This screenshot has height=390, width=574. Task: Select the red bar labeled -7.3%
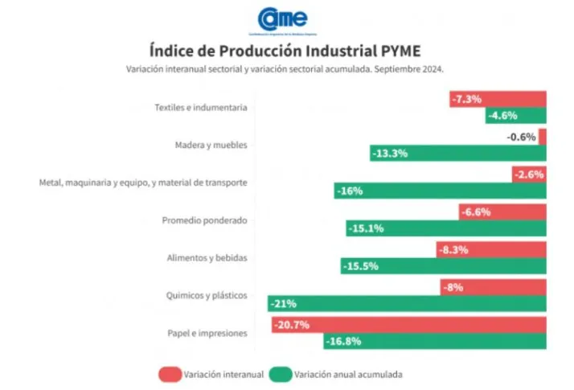[498, 99]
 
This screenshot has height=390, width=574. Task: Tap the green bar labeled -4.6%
[515, 116]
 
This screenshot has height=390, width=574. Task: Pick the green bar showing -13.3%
[457, 153]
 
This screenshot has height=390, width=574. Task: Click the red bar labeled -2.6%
[529, 174]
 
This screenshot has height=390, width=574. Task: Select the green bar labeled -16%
[440, 191]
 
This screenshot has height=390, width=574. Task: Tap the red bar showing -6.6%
[502, 212]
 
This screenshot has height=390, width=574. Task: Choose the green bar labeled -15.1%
[446, 228]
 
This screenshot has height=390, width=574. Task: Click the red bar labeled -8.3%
[490, 249]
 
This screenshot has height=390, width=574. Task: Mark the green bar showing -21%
[407, 303]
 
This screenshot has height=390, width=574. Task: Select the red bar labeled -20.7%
[408, 325]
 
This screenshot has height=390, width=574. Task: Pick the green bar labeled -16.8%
[435, 341]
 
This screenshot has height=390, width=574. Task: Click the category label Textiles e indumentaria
[200, 107]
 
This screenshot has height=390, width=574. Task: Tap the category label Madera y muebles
[211, 145]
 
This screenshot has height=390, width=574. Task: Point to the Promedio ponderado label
[204, 220]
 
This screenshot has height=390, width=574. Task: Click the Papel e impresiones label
[207, 333]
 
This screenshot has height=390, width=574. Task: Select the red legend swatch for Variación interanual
[170, 374]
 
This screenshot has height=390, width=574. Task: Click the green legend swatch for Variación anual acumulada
[281, 374]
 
